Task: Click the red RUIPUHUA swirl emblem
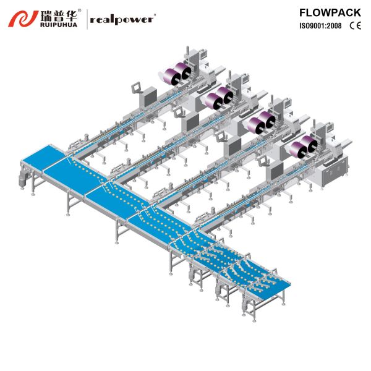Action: (22, 19)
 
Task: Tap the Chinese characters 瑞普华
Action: (61, 14)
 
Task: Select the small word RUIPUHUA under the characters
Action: (61, 25)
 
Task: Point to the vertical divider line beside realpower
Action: (85, 19)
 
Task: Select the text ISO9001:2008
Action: (321, 26)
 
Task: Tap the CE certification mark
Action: (356, 26)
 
